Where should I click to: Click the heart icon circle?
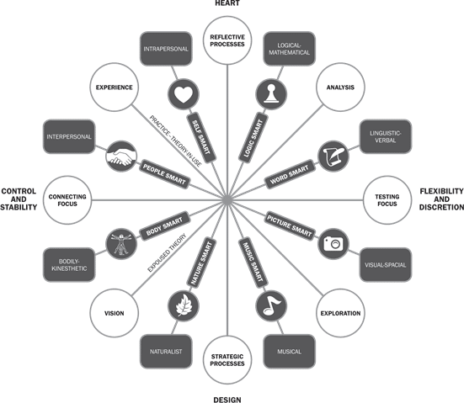point(184,94)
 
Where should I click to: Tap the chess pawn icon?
point(271,94)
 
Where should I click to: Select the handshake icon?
point(121,156)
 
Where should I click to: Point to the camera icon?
point(333,244)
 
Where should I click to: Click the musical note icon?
point(271,306)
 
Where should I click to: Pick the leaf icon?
point(184,306)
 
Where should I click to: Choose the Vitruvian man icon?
point(121,244)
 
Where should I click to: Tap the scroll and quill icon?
point(333,156)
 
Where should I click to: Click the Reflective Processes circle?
point(227,40)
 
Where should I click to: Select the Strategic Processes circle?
point(227,360)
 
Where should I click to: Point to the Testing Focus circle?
point(387,200)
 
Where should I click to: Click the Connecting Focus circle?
point(67,200)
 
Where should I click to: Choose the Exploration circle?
point(340,313)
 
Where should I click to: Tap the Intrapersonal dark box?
point(166,49)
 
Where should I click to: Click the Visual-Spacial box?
point(386,265)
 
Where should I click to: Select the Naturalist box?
point(166,352)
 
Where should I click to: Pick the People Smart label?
point(164,175)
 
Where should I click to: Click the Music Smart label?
point(253,262)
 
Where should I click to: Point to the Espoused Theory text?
point(167,252)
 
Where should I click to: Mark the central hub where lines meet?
point(227,200)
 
